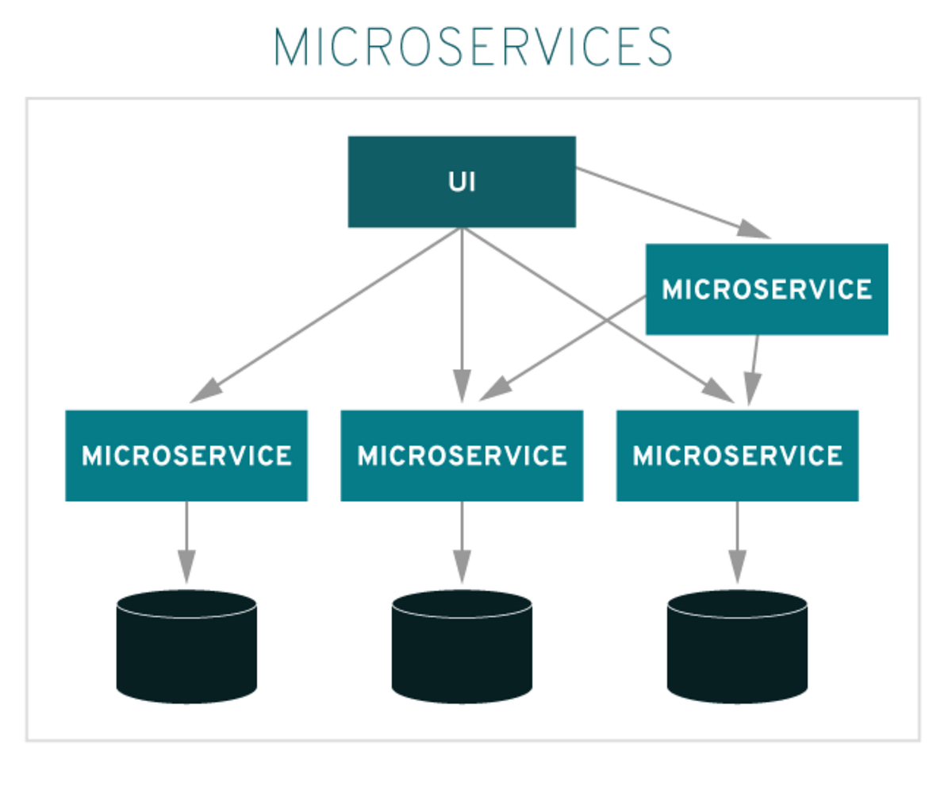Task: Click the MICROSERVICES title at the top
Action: tap(474, 48)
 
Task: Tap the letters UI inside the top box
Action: tap(462, 182)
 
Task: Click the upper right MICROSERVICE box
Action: tap(766, 289)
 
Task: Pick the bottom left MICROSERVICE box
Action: tap(186, 456)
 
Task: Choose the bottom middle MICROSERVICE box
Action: tap(462, 456)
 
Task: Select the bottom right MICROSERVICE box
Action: tap(737, 456)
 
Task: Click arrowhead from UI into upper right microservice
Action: tap(753, 229)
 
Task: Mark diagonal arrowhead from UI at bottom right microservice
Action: tap(719, 391)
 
